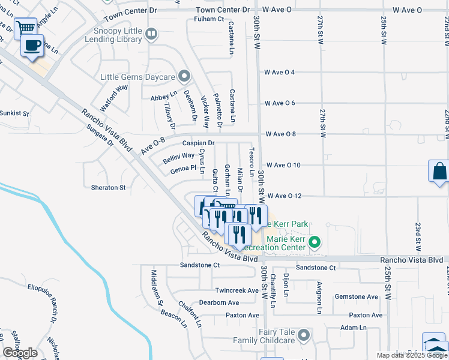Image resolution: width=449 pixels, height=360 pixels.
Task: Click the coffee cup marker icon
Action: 32,45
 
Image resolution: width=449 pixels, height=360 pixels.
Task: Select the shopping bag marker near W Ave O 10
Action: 439,170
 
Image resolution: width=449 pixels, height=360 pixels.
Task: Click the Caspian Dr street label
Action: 198,143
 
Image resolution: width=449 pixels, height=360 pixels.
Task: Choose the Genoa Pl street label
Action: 184,169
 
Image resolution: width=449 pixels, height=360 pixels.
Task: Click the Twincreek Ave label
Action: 237,290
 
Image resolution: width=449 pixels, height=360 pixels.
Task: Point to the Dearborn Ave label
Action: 219,302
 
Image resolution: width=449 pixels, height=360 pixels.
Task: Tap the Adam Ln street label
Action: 353,328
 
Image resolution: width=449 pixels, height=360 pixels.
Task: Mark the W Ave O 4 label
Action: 280,73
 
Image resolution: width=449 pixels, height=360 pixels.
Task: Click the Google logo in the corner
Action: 20,353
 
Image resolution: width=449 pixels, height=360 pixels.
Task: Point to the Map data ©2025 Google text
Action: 412,355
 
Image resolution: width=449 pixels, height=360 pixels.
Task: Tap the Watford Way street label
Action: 114,98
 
